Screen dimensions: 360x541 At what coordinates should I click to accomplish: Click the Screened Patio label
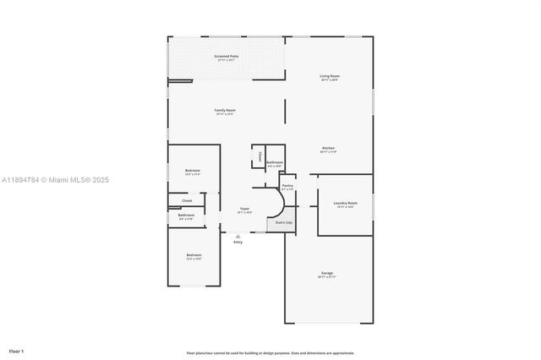click(226, 57)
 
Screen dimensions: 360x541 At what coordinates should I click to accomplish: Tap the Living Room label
click(329, 77)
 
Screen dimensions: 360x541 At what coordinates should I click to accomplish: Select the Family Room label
click(225, 111)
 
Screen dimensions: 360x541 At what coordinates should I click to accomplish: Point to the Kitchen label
click(328, 149)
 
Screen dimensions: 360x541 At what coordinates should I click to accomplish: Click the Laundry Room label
click(345, 204)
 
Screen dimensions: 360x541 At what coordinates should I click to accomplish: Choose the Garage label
click(327, 274)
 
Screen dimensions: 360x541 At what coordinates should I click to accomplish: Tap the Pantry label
click(287, 186)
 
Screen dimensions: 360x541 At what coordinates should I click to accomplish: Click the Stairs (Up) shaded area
click(284, 223)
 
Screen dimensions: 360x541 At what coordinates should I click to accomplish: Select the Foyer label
click(244, 209)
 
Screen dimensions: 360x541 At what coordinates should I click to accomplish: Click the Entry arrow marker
click(238, 236)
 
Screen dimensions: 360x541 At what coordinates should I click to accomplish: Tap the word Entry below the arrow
click(238, 243)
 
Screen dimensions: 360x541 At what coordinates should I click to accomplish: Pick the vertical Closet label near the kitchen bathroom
click(260, 156)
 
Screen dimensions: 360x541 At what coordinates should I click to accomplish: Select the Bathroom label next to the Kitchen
click(275, 163)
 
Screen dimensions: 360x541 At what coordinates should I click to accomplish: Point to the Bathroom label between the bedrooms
click(186, 215)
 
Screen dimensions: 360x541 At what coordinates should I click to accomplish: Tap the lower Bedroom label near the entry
click(194, 255)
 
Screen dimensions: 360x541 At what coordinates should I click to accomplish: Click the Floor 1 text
click(17, 350)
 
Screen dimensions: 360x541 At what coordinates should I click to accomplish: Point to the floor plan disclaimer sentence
click(270, 352)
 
